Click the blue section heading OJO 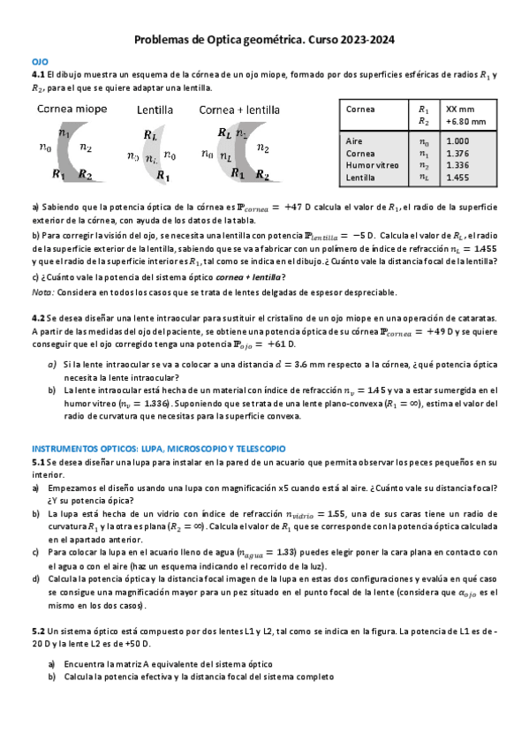pyautogui.click(x=39, y=63)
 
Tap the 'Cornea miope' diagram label pyautogui.click(x=72, y=110)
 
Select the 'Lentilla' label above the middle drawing pyautogui.click(x=155, y=110)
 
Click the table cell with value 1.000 pyautogui.click(x=458, y=141)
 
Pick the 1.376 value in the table pyautogui.click(x=458, y=153)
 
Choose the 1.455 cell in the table pyautogui.click(x=458, y=178)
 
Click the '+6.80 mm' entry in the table pyautogui.click(x=465, y=121)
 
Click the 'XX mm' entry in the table pyautogui.click(x=459, y=109)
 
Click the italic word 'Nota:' pyautogui.click(x=42, y=292)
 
